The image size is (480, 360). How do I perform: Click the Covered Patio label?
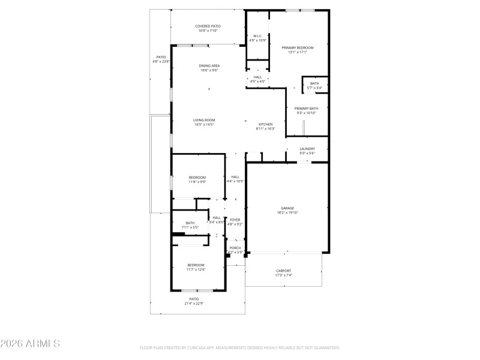[x=208, y=26]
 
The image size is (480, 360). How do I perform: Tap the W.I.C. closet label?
[x=257, y=36]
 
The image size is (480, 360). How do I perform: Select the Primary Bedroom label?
[x=298, y=47]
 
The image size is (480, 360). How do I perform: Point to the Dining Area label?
[x=209, y=65]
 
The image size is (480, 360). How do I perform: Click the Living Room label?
[x=204, y=120]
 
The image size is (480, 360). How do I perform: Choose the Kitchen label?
[x=265, y=124]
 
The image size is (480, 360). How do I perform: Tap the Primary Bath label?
[x=306, y=109]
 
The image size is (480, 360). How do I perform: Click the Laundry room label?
[x=307, y=149]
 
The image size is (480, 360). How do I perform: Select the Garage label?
[x=287, y=208]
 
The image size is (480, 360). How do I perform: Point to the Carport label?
[x=283, y=271]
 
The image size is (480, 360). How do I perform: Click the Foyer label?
[x=235, y=220]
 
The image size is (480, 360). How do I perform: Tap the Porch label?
[x=235, y=248]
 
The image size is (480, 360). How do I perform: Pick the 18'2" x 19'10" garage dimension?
[x=287, y=212]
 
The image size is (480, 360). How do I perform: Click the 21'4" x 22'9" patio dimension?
[x=194, y=303]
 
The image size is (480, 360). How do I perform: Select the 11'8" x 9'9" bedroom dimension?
[x=197, y=182]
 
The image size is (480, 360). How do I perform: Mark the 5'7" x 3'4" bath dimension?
[x=314, y=88]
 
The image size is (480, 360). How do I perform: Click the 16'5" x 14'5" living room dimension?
[x=204, y=125]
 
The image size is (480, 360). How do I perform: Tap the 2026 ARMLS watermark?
[x=30, y=344]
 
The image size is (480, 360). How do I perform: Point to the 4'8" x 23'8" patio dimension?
[x=161, y=61]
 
